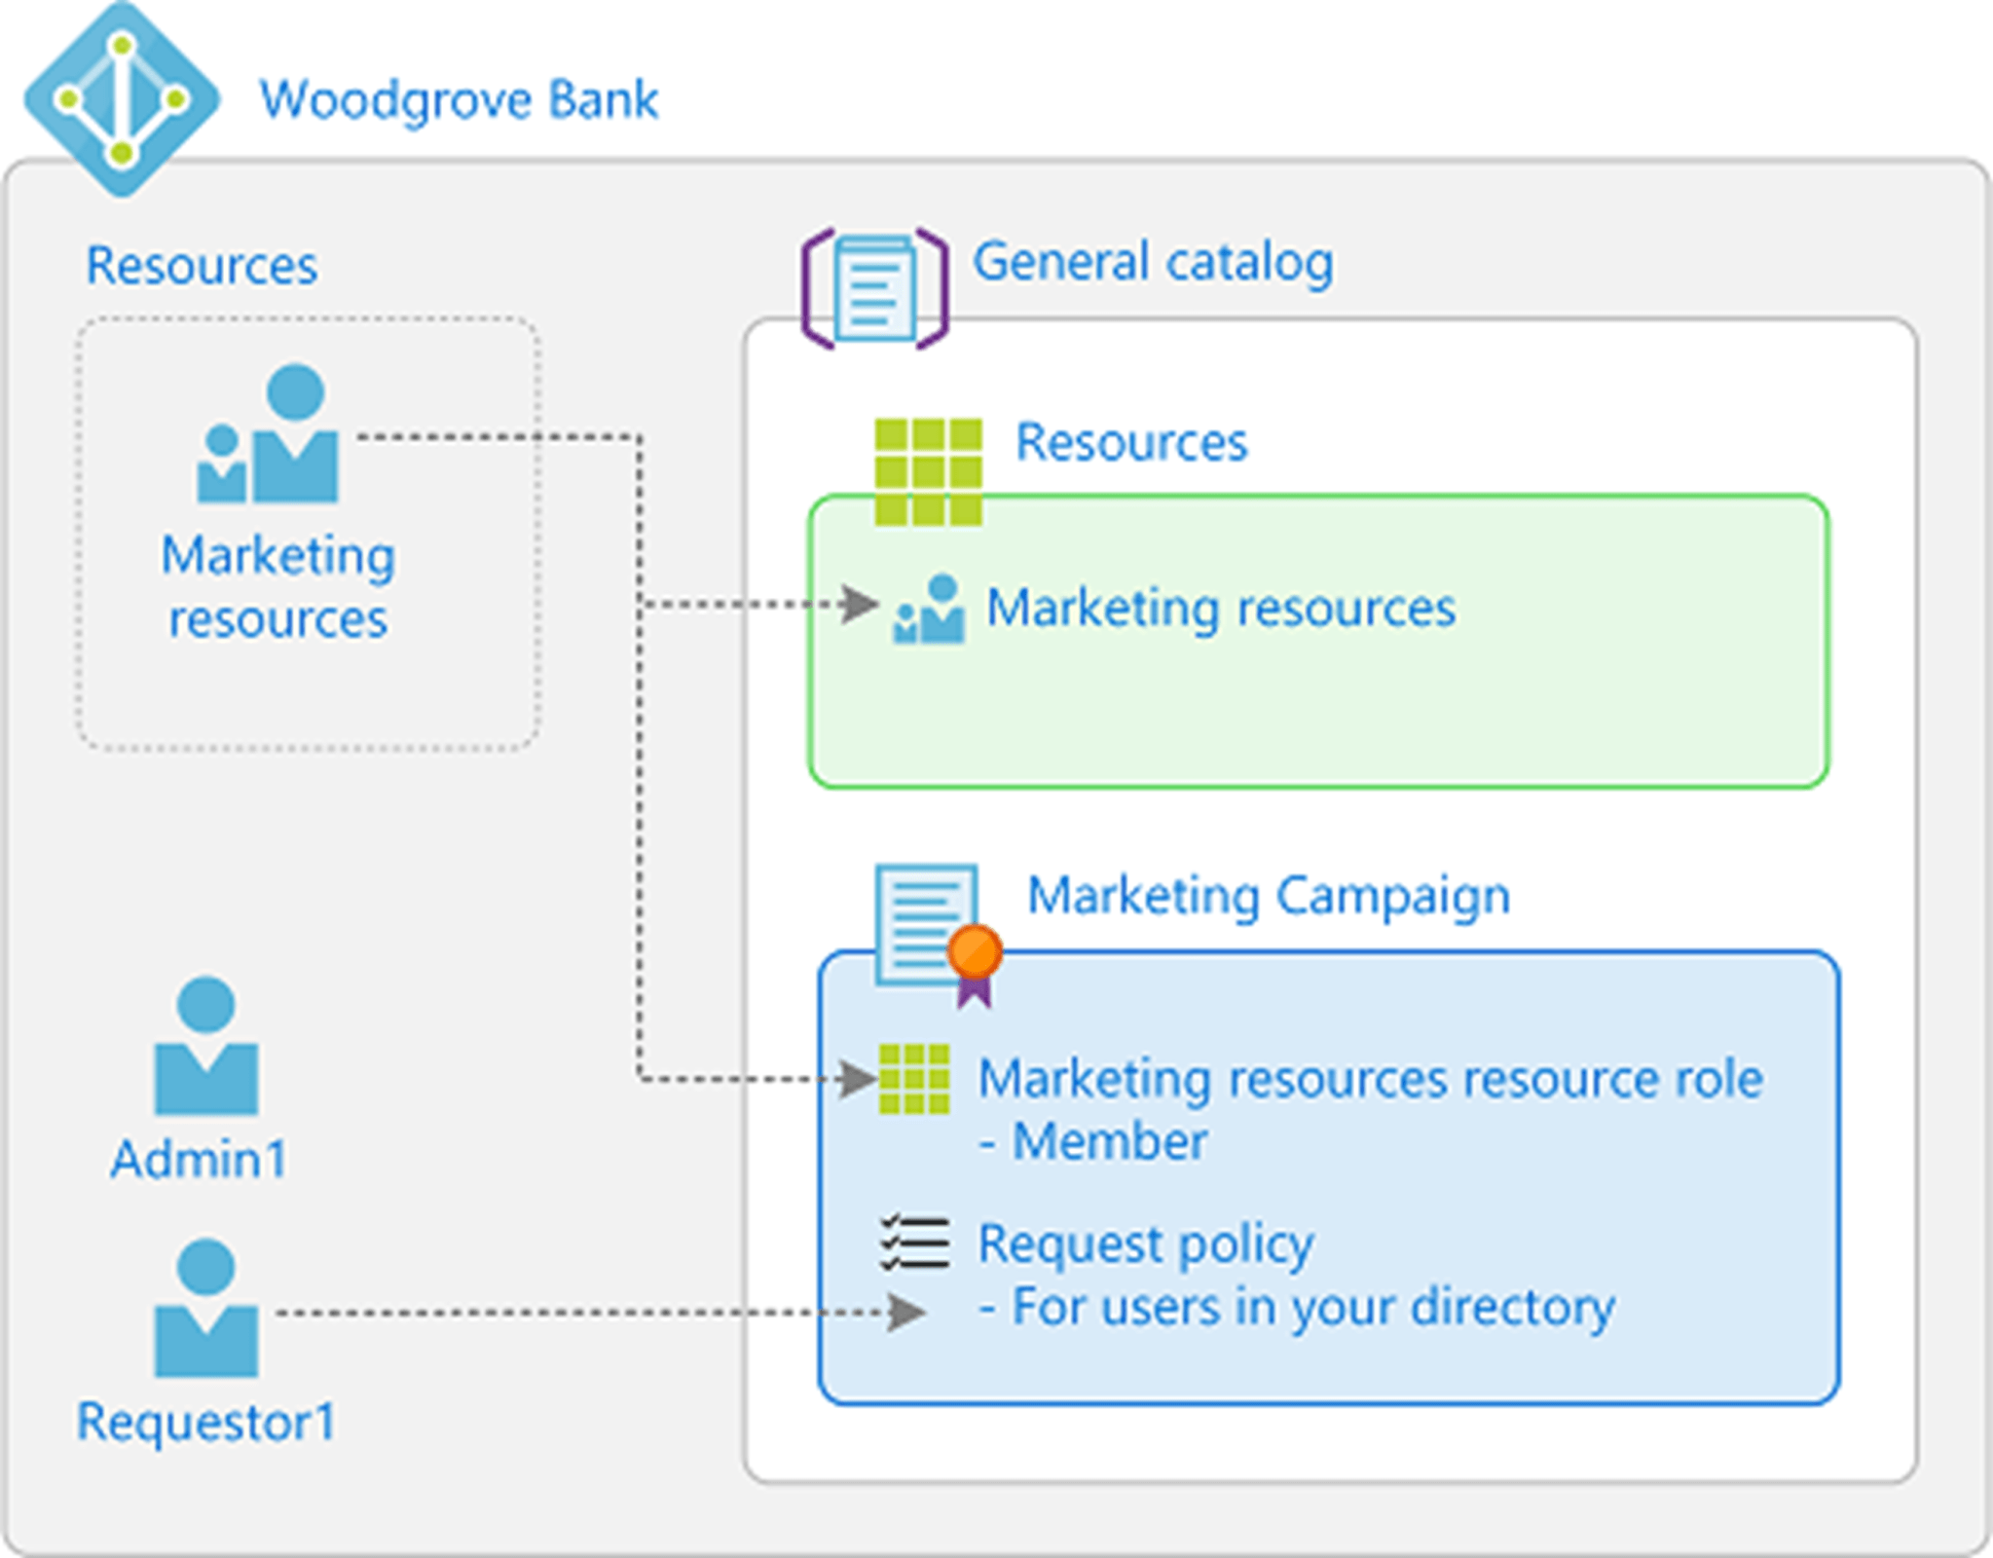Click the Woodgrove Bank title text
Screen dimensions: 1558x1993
point(459,99)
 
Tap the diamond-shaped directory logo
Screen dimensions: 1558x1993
point(122,99)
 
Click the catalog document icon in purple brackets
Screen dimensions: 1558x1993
point(874,288)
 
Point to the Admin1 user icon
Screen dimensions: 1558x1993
point(206,1046)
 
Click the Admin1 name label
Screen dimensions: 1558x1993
point(200,1159)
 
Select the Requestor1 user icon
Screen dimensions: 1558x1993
point(206,1309)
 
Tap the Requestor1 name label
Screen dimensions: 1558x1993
point(206,1422)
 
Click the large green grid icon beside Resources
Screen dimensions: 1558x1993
point(928,471)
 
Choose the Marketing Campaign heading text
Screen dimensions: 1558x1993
point(1269,895)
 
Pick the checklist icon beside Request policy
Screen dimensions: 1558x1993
point(914,1243)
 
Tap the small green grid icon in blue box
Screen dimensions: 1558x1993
point(913,1079)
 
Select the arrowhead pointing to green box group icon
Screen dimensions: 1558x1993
point(860,604)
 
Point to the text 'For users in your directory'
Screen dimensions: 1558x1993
point(1312,1306)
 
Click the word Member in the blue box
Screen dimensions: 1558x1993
point(1110,1140)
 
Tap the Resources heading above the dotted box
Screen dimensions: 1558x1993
point(202,265)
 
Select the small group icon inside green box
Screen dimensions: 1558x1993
point(929,610)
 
